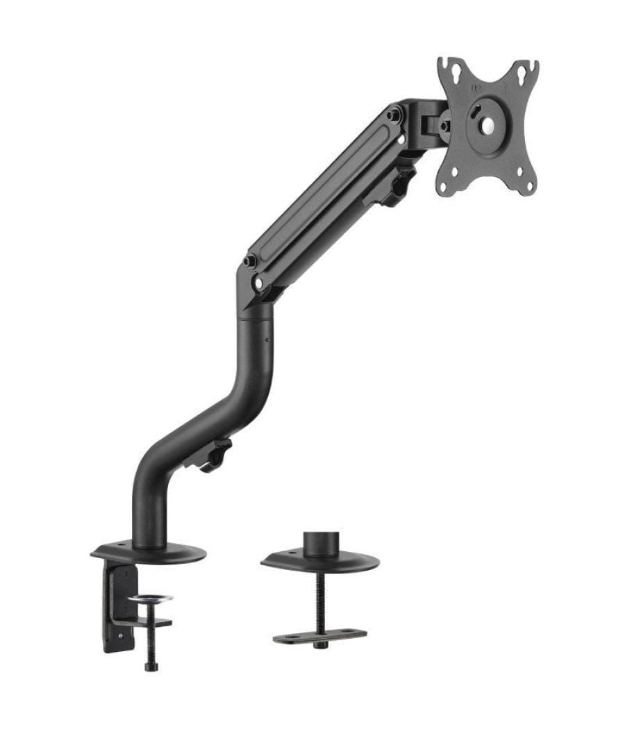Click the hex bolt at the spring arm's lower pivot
(249, 262)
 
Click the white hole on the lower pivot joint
(259, 283)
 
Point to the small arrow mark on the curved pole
(266, 340)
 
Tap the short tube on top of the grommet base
(321, 542)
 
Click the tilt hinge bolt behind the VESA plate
(443, 126)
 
